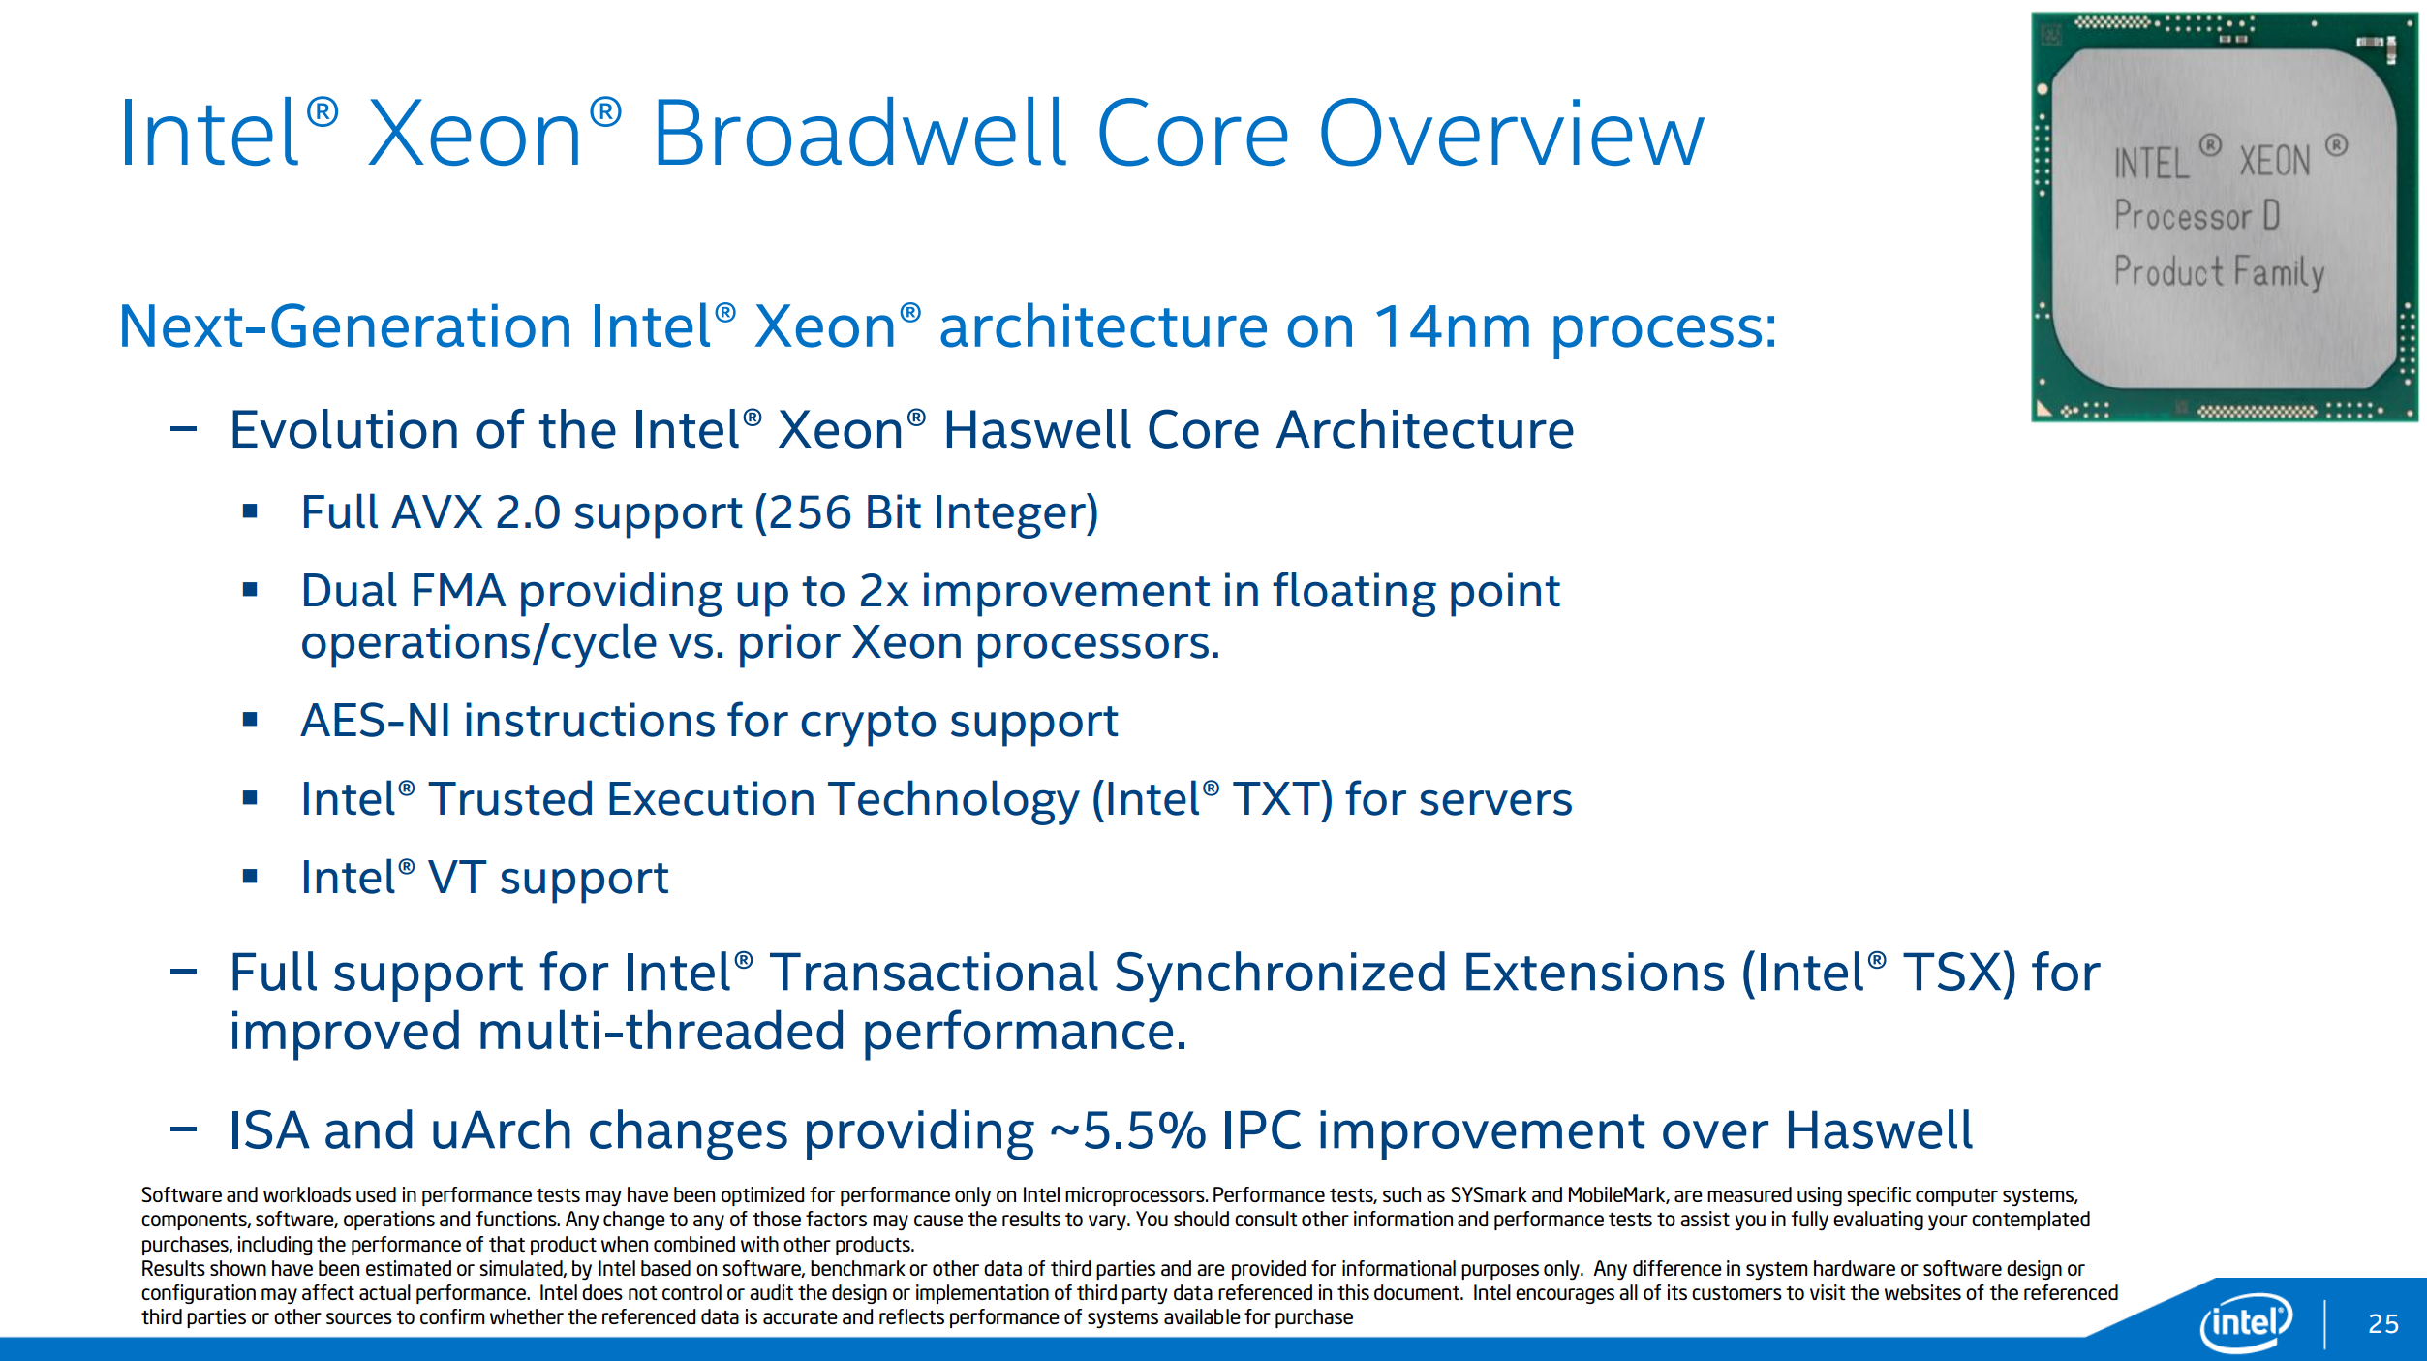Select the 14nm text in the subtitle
pyautogui.click(x=1454, y=326)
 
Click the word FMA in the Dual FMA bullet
pyautogui.click(x=458, y=591)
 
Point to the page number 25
pyautogui.click(x=2383, y=1323)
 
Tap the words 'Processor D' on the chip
pyautogui.click(x=2197, y=215)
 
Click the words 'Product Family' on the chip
pyautogui.click(x=2219, y=272)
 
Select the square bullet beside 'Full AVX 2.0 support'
pyautogui.click(x=250, y=511)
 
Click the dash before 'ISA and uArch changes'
pyautogui.click(x=183, y=1129)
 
